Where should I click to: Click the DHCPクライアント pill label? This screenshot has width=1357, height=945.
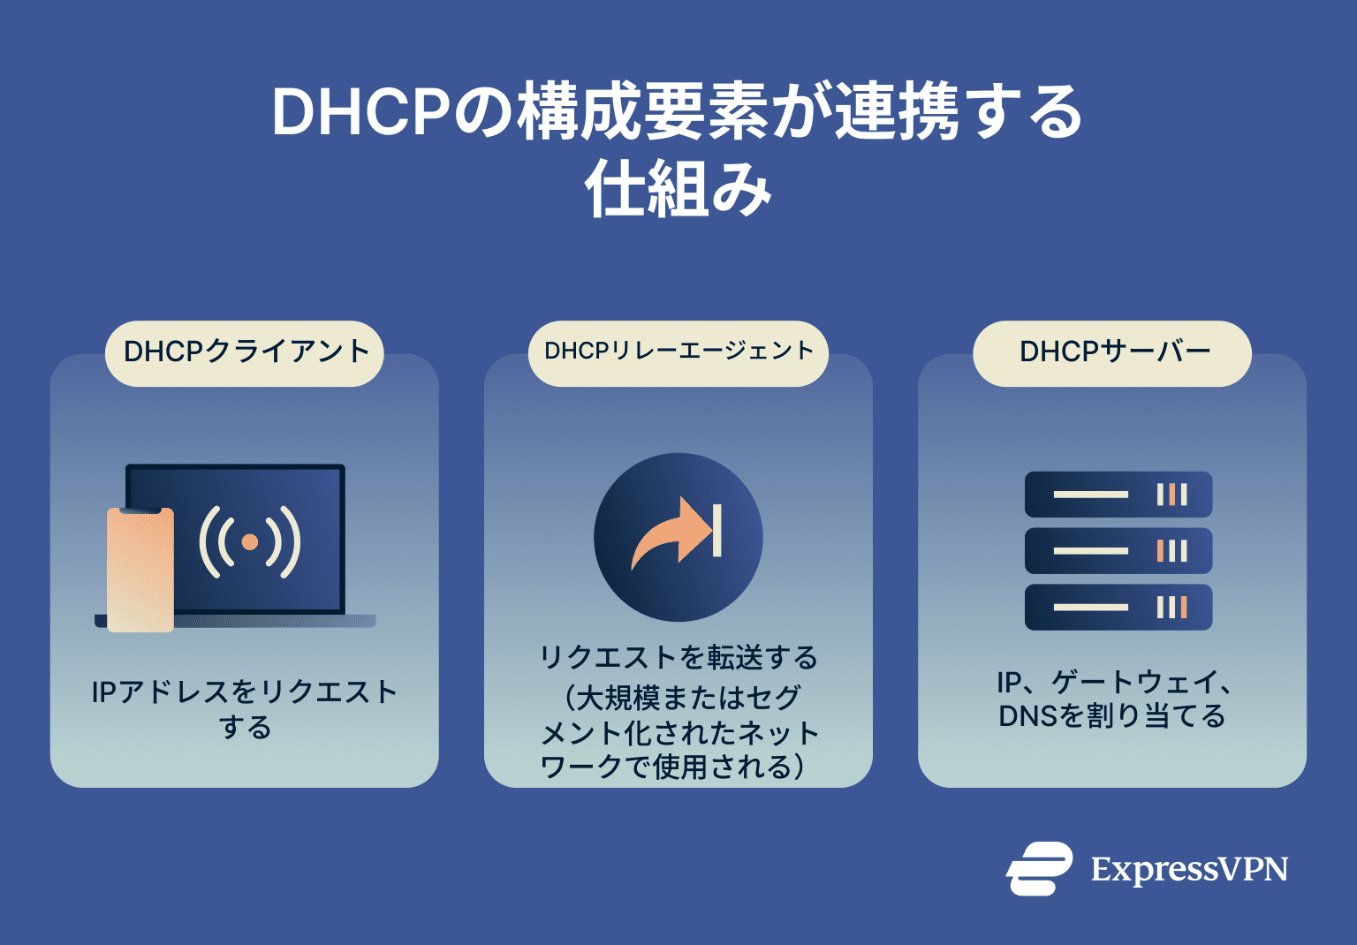coord(245,352)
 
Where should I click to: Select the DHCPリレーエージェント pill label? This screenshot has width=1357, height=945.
coord(678,352)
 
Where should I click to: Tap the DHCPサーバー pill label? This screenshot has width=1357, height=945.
coord(1112,352)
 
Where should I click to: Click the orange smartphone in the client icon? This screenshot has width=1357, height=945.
coord(140,570)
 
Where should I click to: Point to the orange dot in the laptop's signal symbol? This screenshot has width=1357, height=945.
coord(250,541)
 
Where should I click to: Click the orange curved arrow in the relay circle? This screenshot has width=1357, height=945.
coord(670,535)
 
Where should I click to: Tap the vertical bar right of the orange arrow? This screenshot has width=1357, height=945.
coord(717,531)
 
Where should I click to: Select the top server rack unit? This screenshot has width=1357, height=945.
coord(1118,495)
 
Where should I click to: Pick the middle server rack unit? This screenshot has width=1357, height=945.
coord(1118,551)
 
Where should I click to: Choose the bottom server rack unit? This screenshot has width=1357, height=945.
coord(1118,608)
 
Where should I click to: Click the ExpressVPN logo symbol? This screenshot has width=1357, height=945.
coord(1039,869)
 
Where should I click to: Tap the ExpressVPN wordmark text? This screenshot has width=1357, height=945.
coord(1189,870)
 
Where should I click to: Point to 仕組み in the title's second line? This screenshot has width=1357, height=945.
coord(678,190)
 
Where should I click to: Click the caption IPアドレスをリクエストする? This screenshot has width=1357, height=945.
coord(245,709)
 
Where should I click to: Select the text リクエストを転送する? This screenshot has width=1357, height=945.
coord(678,658)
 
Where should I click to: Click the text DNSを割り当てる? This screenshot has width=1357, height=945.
coord(1112,716)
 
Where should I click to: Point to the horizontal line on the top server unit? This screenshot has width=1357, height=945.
coord(1090,495)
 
